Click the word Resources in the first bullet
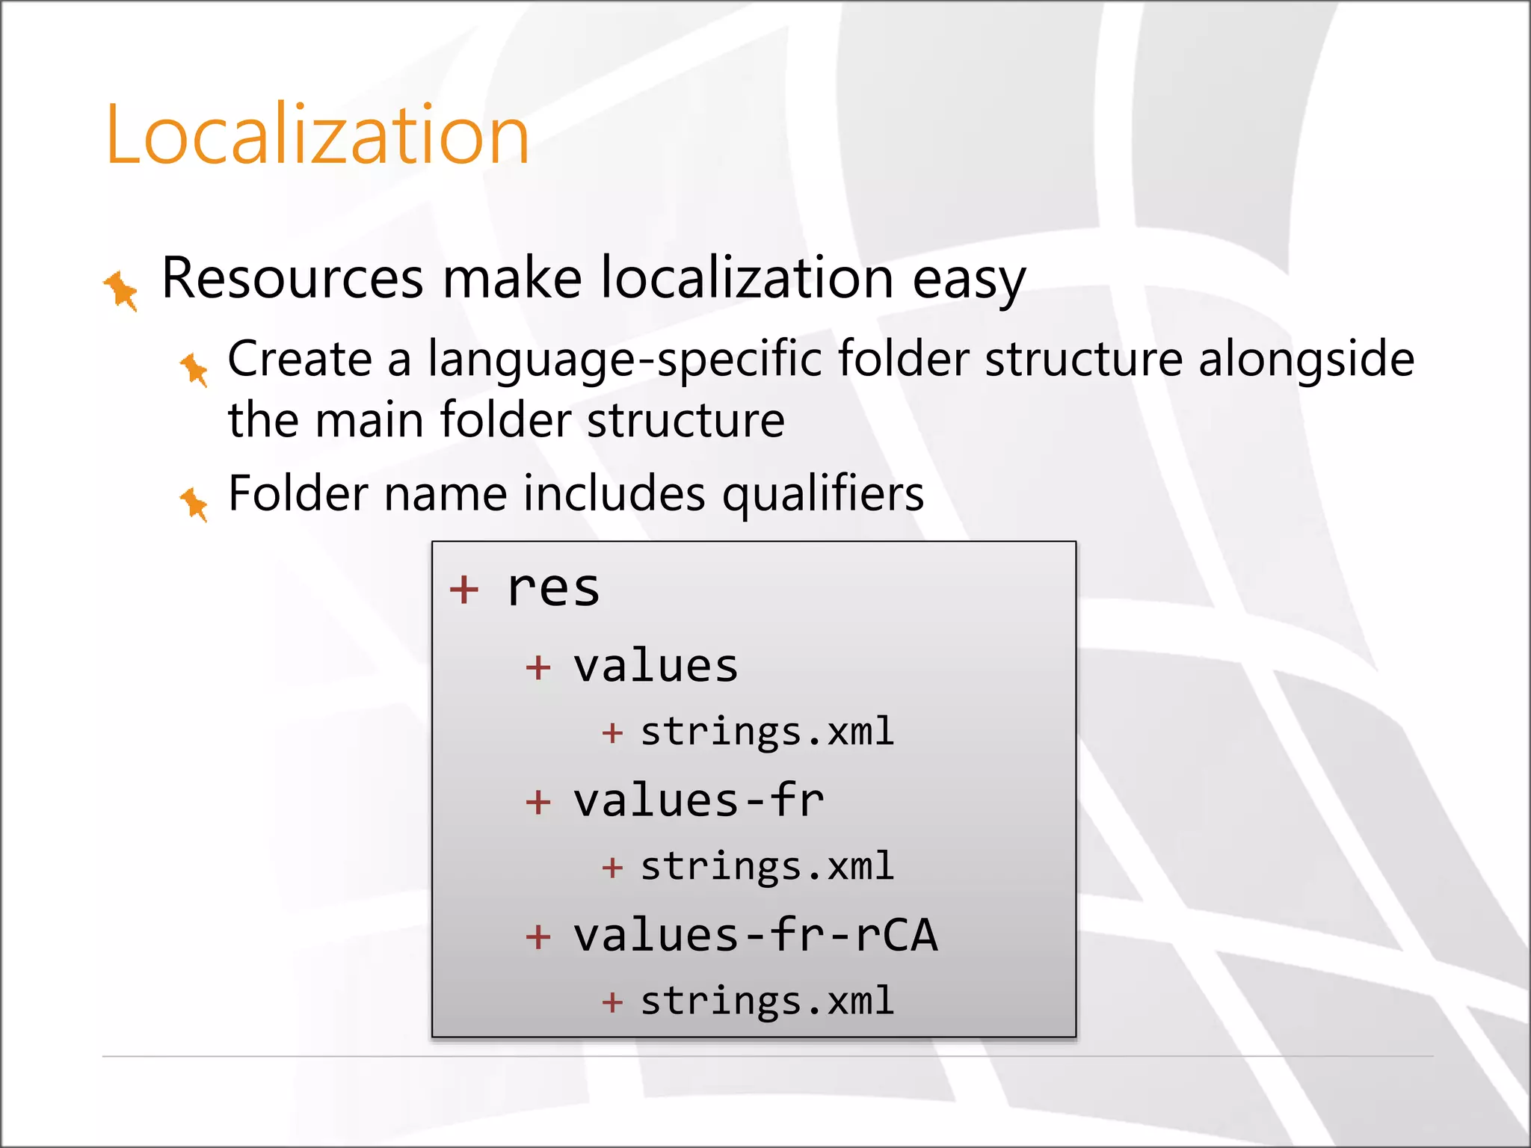pos(292,278)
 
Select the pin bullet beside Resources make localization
pos(120,290)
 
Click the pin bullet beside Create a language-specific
pos(194,369)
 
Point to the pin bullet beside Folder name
pos(194,504)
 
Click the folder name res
pos(553,589)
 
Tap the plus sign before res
pos(463,589)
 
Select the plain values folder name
pos(655,666)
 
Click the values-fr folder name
pos(698,800)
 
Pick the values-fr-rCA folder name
pos(755,935)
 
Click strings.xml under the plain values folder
pos(767,732)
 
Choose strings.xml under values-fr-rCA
pos(767,1001)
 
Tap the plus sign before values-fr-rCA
pos(538,936)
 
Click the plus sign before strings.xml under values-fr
pos(612,868)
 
